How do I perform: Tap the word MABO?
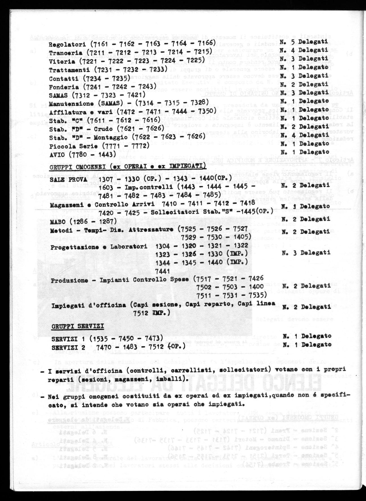(57, 221)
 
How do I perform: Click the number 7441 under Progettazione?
(162, 271)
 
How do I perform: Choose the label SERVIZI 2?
(68, 347)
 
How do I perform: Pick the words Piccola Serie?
(73, 146)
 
